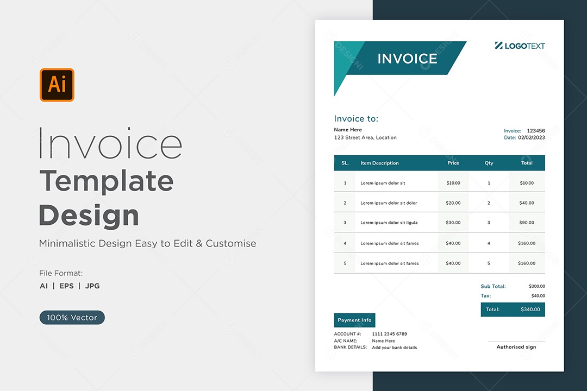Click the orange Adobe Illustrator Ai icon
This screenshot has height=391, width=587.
coord(57,85)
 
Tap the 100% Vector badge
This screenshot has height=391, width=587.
coord(72,317)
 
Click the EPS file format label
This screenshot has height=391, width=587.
coord(66,286)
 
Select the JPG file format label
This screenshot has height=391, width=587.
coord(92,286)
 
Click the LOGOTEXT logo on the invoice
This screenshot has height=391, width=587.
coord(520,46)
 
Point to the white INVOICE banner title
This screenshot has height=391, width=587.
coord(407,59)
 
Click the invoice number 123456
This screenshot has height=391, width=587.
coord(536,130)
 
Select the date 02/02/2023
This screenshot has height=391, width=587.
coord(531,137)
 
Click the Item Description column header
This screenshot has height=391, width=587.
coord(379,163)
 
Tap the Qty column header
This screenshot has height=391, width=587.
coord(489,163)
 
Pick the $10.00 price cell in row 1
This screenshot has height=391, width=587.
coord(453,183)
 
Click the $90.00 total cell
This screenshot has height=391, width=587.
coord(526,222)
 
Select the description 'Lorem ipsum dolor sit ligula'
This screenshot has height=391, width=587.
coord(389,223)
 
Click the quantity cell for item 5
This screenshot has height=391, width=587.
coord(489,263)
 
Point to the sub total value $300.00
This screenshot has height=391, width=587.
coord(537,286)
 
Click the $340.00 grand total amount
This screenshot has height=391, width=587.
coord(530,310)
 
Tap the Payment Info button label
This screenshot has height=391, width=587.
coord(354,320)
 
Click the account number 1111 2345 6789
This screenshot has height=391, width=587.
coord(389,334)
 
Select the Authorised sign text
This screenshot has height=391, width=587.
coord(516,347)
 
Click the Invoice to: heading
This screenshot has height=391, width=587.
coord(356,118)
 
